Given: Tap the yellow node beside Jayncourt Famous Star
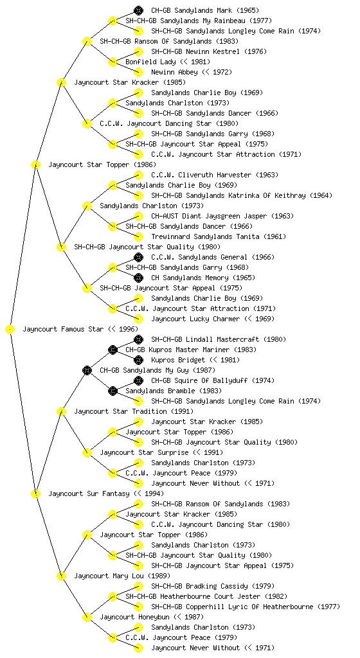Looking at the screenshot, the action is coord(10,329).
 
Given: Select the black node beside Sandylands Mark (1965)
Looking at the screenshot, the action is coord(138,10).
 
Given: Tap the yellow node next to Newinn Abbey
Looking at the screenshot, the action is coord(138,72).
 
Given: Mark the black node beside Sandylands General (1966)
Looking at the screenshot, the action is coord(138,257).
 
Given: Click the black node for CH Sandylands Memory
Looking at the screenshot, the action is coord(138,278).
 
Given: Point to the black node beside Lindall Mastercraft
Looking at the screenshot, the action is coord(138,339).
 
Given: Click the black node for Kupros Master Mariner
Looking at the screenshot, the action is coord(113,350).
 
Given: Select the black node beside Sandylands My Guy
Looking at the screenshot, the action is coord(87,370).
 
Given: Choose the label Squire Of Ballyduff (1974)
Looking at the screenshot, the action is coord(213,380).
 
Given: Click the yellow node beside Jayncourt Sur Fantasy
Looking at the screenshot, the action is coord(36,493).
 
